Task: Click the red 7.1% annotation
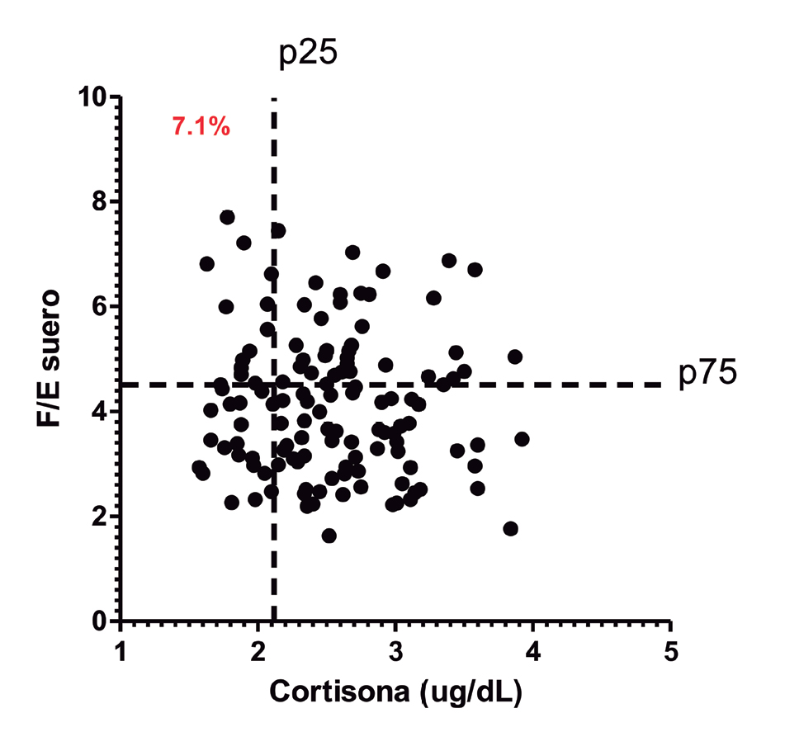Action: [x=201, y=127]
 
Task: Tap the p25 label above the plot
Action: [x=307, y=55]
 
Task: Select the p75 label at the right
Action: [x=707, y=374]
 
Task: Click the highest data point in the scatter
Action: [x=227, y=217]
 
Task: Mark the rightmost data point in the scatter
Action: [x=521, y=439]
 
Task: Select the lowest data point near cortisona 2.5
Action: [x=329, y=536]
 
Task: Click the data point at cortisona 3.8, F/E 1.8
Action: [x=510, y=528]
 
